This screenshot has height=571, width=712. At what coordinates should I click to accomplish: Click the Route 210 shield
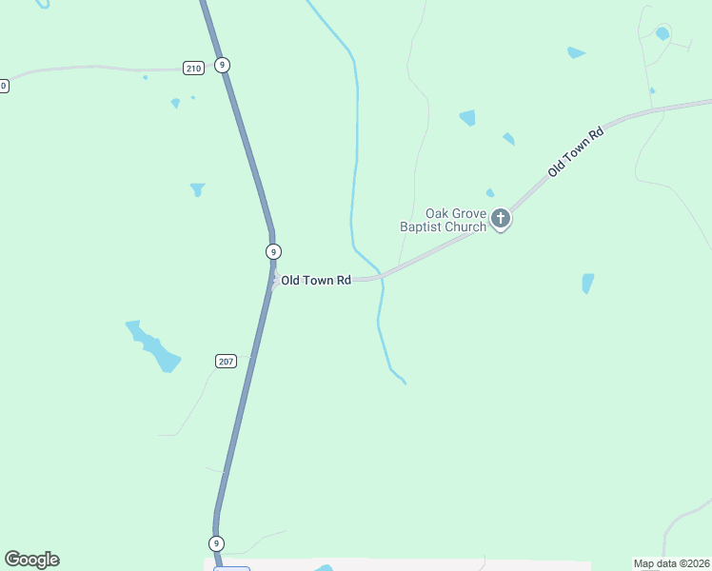(x=193, y=68)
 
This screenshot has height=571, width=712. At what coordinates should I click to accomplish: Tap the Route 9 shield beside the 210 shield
(x=222, y=65)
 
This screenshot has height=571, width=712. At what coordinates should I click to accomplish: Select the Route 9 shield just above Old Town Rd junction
(x=273, y=251)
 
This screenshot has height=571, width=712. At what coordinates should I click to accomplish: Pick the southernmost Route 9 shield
(x=217, y=543)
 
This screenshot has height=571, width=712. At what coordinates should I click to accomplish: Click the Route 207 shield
(x=226, y=362)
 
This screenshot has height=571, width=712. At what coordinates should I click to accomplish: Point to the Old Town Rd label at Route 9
(x=316, y=281)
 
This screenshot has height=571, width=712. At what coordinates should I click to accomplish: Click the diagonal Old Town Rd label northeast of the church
(x=577, y=152)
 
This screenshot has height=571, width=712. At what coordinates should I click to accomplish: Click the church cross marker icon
(x=501, y=220)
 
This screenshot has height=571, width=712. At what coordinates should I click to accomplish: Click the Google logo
(x=31, y=560)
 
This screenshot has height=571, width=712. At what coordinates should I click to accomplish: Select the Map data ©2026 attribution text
(x=671, y=563)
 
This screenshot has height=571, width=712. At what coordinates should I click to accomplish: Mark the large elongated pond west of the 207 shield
(x=154, y=346)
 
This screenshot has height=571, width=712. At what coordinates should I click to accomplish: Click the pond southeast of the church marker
(x=587, y=284)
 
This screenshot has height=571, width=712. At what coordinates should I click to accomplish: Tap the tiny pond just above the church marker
(x=490, y=193)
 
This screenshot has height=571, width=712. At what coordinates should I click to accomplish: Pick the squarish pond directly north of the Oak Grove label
(x=467, y=118)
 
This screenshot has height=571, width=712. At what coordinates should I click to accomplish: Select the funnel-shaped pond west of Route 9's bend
(x=198, y=189)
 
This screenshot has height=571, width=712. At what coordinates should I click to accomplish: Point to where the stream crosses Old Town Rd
(x=382, y=278)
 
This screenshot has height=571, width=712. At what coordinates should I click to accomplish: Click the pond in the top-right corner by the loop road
(x=663, y=34)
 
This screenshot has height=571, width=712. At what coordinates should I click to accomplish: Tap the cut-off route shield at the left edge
(x=3, y=86)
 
